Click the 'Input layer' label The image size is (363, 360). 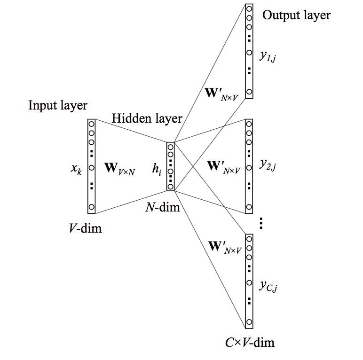tap(58, 105)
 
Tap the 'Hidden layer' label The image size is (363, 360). tap(147, 118)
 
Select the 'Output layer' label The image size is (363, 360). tap(296, 15)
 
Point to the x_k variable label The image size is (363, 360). tap(77, 168)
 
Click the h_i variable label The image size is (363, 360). tap(157, 167)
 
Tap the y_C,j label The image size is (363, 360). tap(268, 285)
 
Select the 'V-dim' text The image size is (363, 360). tap(85, 229)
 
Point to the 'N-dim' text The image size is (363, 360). tap(163, 206)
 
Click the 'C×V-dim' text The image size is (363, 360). tap(249, 342)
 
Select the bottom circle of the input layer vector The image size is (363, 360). tap(92, 207)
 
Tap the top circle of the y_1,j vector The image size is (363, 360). tap(249, 9)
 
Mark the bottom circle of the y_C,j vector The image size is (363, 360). tap(249, 322)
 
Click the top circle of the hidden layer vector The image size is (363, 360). tap(170, 147)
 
